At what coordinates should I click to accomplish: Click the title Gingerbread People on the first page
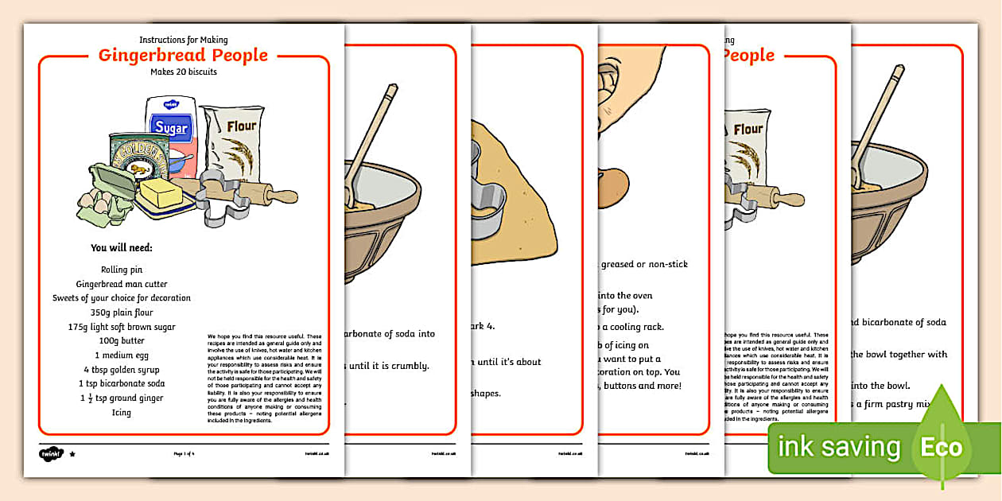tap(183, 55)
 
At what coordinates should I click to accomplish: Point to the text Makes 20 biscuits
tap(184, 72)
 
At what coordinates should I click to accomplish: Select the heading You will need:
tap(122, 247)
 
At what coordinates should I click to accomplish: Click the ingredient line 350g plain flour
tap(122, 313)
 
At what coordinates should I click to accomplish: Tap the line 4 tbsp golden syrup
tap(122, 370)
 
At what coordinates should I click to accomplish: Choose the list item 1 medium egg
tap(122, 355)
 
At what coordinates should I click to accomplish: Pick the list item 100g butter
tap(122, 341)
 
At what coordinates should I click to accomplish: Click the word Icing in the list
tap(122, 413)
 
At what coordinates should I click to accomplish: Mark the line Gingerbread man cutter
tap(122, 284)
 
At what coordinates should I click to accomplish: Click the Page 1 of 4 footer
tap(184, 453)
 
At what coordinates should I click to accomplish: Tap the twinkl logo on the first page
tap(49, 453)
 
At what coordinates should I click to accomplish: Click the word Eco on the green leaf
tap(942, 446)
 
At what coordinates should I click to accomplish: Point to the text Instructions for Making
tap(184, 40)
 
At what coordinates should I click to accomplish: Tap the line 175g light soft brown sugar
tap(122, 327)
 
